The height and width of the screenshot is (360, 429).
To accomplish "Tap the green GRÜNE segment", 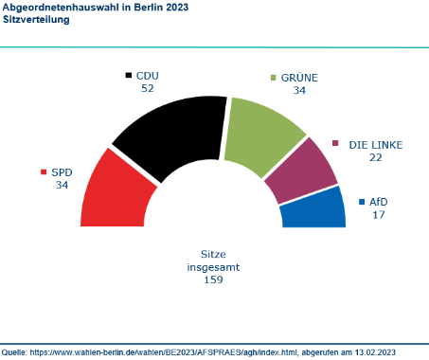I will click(x=260, y=138).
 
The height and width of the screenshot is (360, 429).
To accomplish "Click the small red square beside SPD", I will click(x=44, y=171).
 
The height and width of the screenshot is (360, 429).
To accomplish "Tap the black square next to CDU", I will click(x=129, y=75).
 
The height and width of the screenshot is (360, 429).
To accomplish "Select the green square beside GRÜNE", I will click(x=274, y=76).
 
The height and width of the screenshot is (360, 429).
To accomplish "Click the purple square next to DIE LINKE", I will click(x=336, y=144).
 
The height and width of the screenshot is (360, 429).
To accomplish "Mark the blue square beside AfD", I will click(x=362, y=201).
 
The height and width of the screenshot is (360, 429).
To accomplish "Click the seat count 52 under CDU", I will click(x=147, y=88).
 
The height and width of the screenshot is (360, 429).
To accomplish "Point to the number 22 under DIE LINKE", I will click(x=376, y=157).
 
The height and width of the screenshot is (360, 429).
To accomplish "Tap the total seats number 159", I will click(x=213, y=281).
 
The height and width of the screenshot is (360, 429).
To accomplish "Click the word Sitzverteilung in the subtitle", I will click(x=33, y=19).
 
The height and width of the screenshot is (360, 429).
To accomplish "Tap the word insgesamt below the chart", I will click(x=213, y=267).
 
